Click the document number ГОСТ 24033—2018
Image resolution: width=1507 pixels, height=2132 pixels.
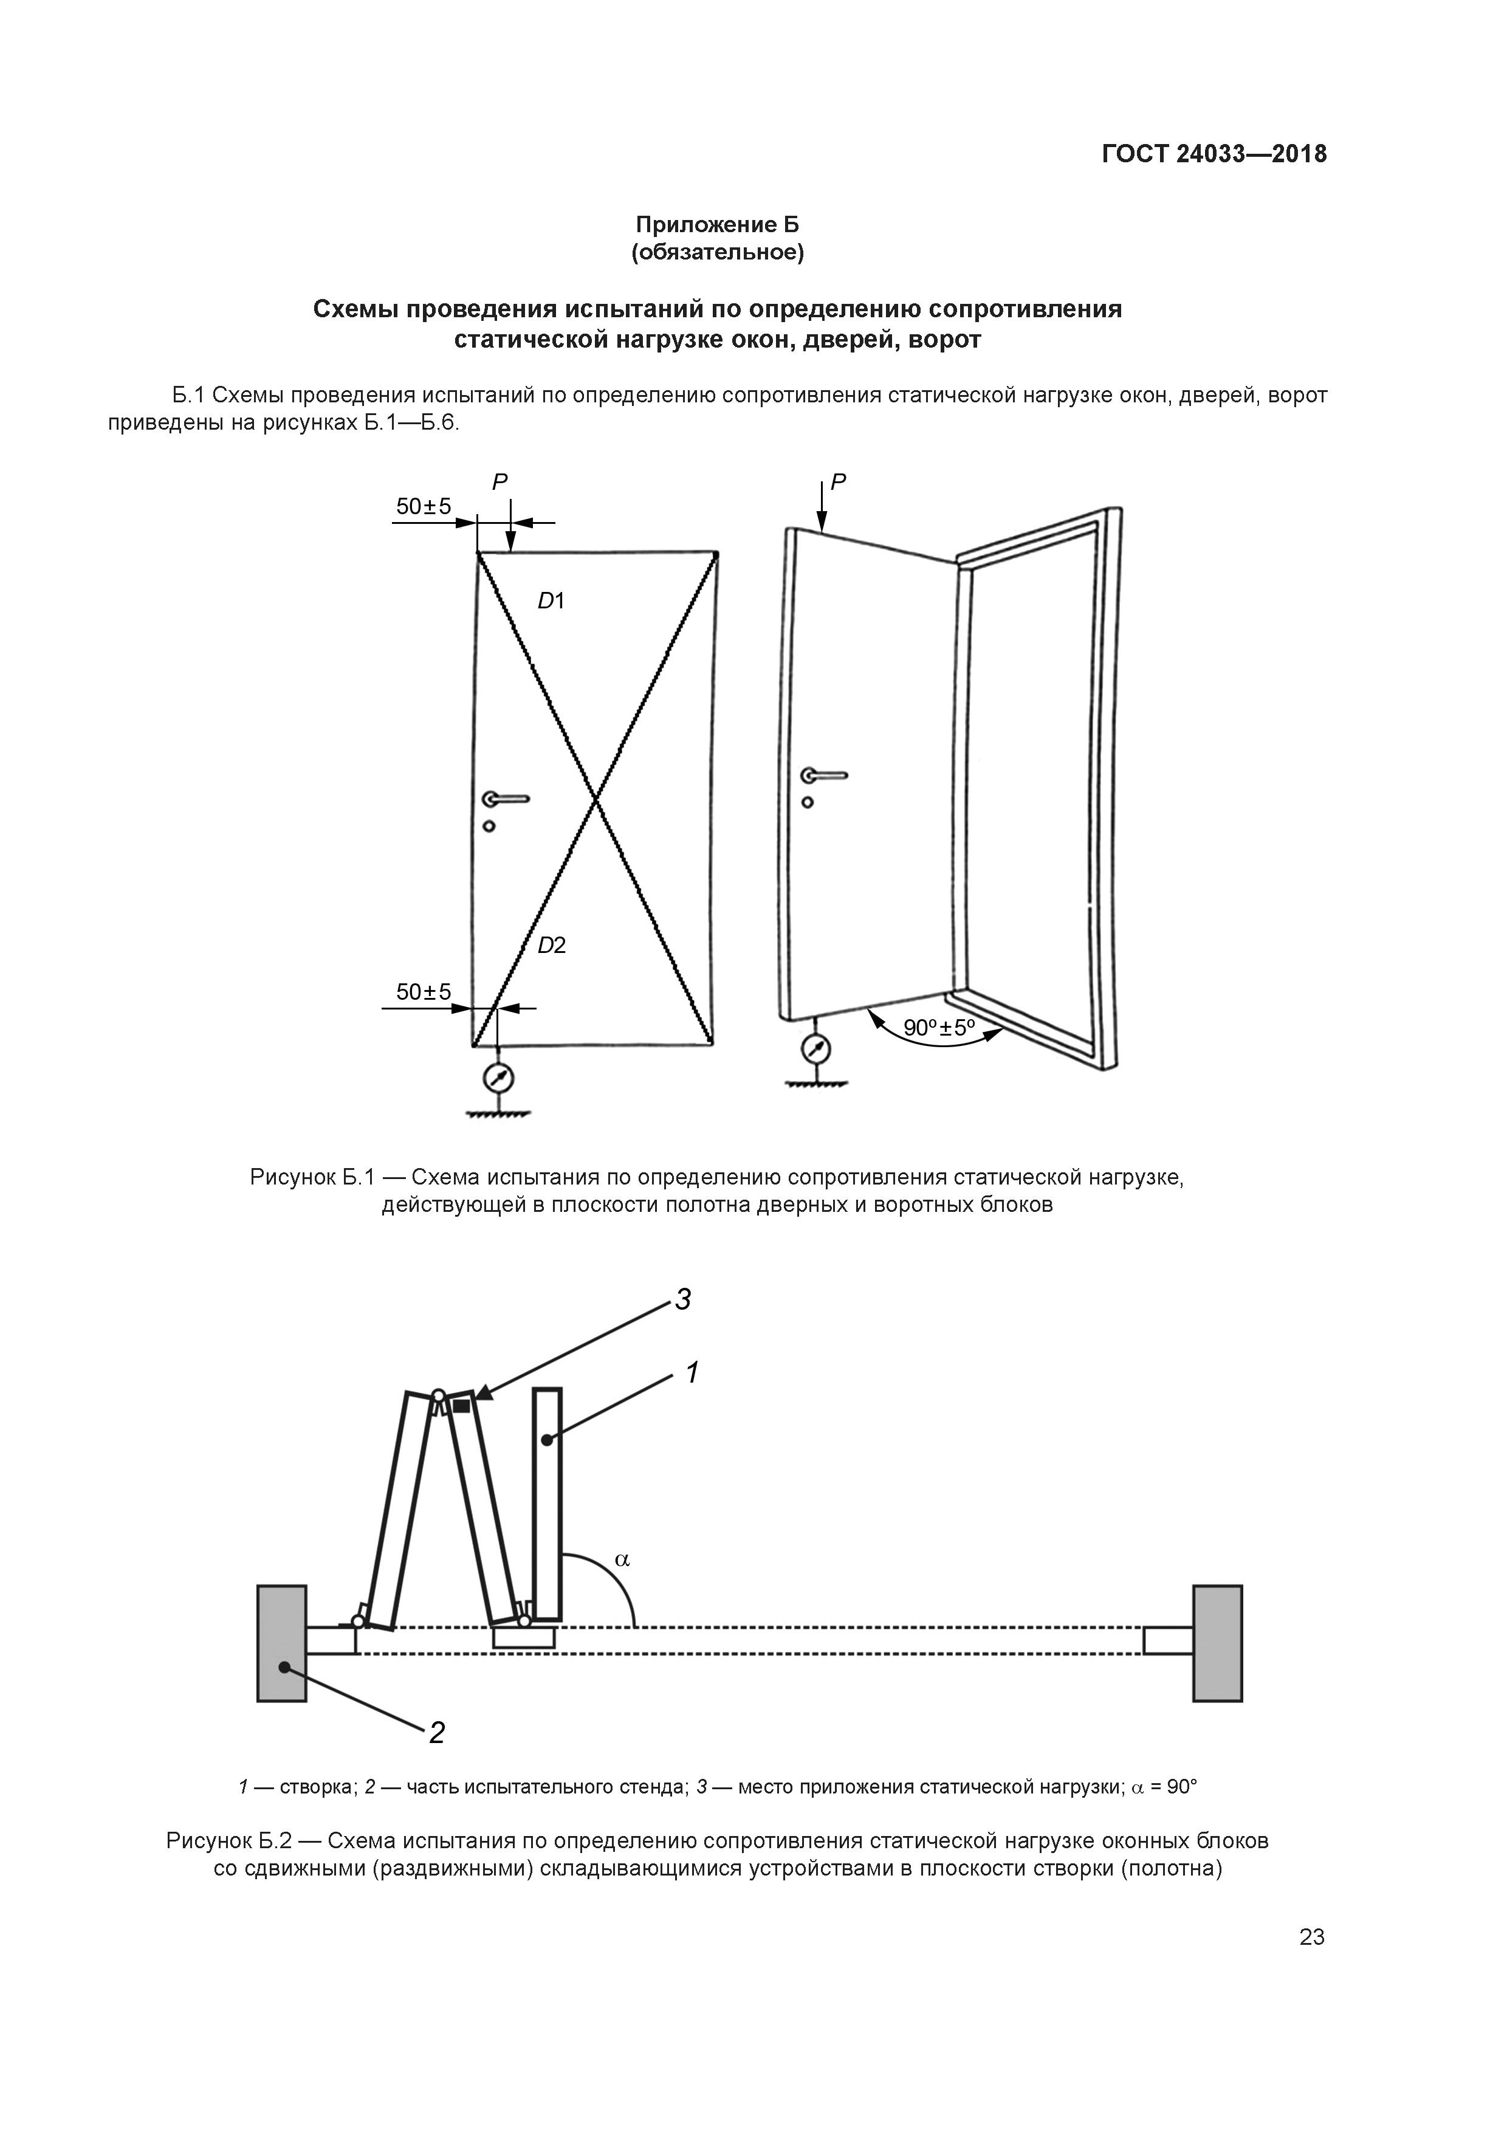tap(1213, 154)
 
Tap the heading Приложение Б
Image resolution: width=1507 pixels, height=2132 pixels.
tap(717, 225)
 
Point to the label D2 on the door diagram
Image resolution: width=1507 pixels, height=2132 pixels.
tap(552, 945)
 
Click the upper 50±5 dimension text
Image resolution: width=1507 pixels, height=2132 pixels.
tap(424, 507)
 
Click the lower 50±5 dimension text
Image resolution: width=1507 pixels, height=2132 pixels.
tap(424, 992)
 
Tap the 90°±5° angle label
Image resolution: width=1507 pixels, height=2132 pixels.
tap(939, 1028)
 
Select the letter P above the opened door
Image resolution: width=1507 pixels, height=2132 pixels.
tap(839, 482)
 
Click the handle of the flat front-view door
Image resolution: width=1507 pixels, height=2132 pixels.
tap(506, 799)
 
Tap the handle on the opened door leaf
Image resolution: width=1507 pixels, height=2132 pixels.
tap(823, 774)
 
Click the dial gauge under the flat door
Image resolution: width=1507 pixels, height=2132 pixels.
tap(499, 1078)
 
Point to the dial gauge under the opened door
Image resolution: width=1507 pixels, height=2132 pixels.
tap(816, 1049)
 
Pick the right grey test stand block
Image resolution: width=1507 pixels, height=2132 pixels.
tap(1217, 1643)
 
